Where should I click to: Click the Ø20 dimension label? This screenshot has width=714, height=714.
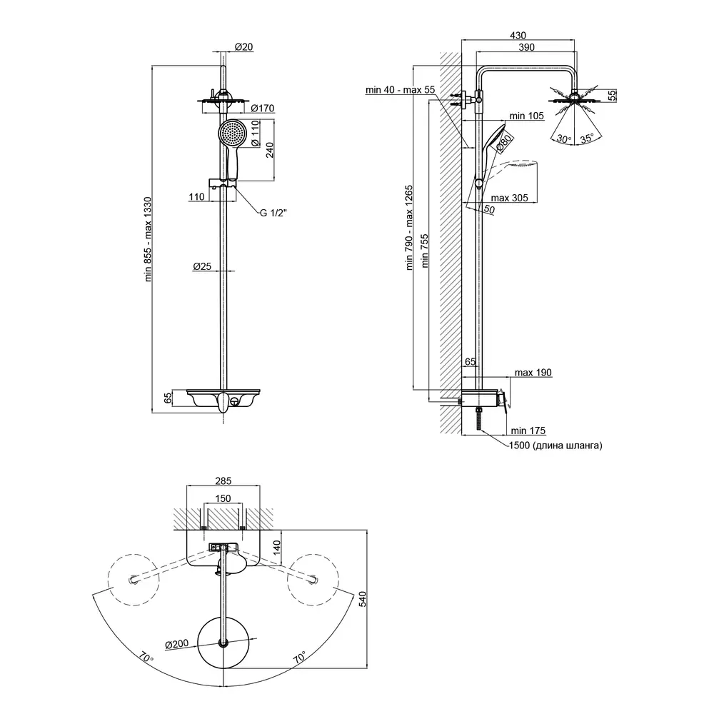(244, 47)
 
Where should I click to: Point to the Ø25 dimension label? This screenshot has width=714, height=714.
(202, 266)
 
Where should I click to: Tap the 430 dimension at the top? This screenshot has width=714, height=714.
(518, 34)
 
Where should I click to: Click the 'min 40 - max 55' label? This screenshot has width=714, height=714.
(400, 90)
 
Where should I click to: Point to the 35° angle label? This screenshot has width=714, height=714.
(587, 140)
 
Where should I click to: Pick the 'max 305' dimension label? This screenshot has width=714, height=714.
(510, 198)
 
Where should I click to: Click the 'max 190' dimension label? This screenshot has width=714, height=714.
(533, 373)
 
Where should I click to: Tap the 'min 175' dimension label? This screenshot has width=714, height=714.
(528, 430)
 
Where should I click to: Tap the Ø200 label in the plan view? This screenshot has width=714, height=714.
(176, 645)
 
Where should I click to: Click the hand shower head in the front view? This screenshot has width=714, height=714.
(233, 133)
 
